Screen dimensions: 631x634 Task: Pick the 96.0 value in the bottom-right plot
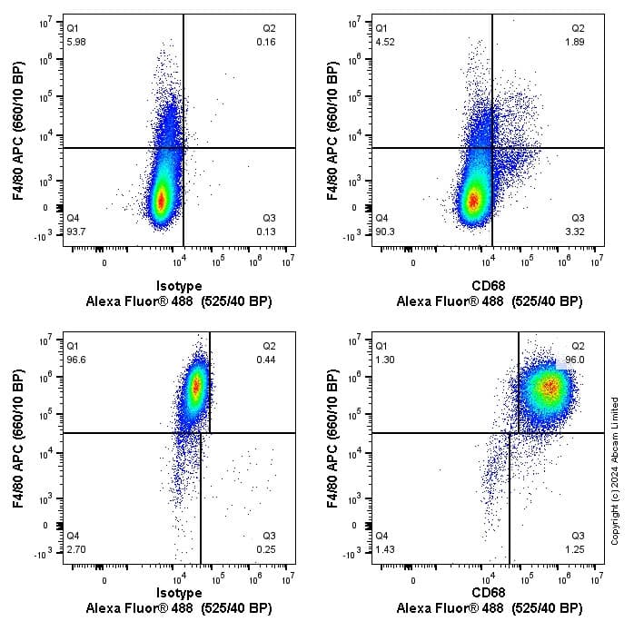point(573,360)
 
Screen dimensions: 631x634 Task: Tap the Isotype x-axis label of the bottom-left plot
point(179,593)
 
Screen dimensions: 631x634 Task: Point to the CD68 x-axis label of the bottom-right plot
point(489,593)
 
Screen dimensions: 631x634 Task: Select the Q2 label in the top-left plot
point(268,29)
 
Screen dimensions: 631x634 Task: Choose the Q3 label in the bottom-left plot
point(268,537)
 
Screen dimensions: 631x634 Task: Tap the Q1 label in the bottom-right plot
point(382,346)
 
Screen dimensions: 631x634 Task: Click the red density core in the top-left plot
point(161,200)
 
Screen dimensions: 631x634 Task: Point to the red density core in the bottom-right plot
point(549,386)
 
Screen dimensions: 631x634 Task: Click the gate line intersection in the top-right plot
point(492,148)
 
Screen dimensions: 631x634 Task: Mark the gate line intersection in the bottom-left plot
point(201,433)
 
